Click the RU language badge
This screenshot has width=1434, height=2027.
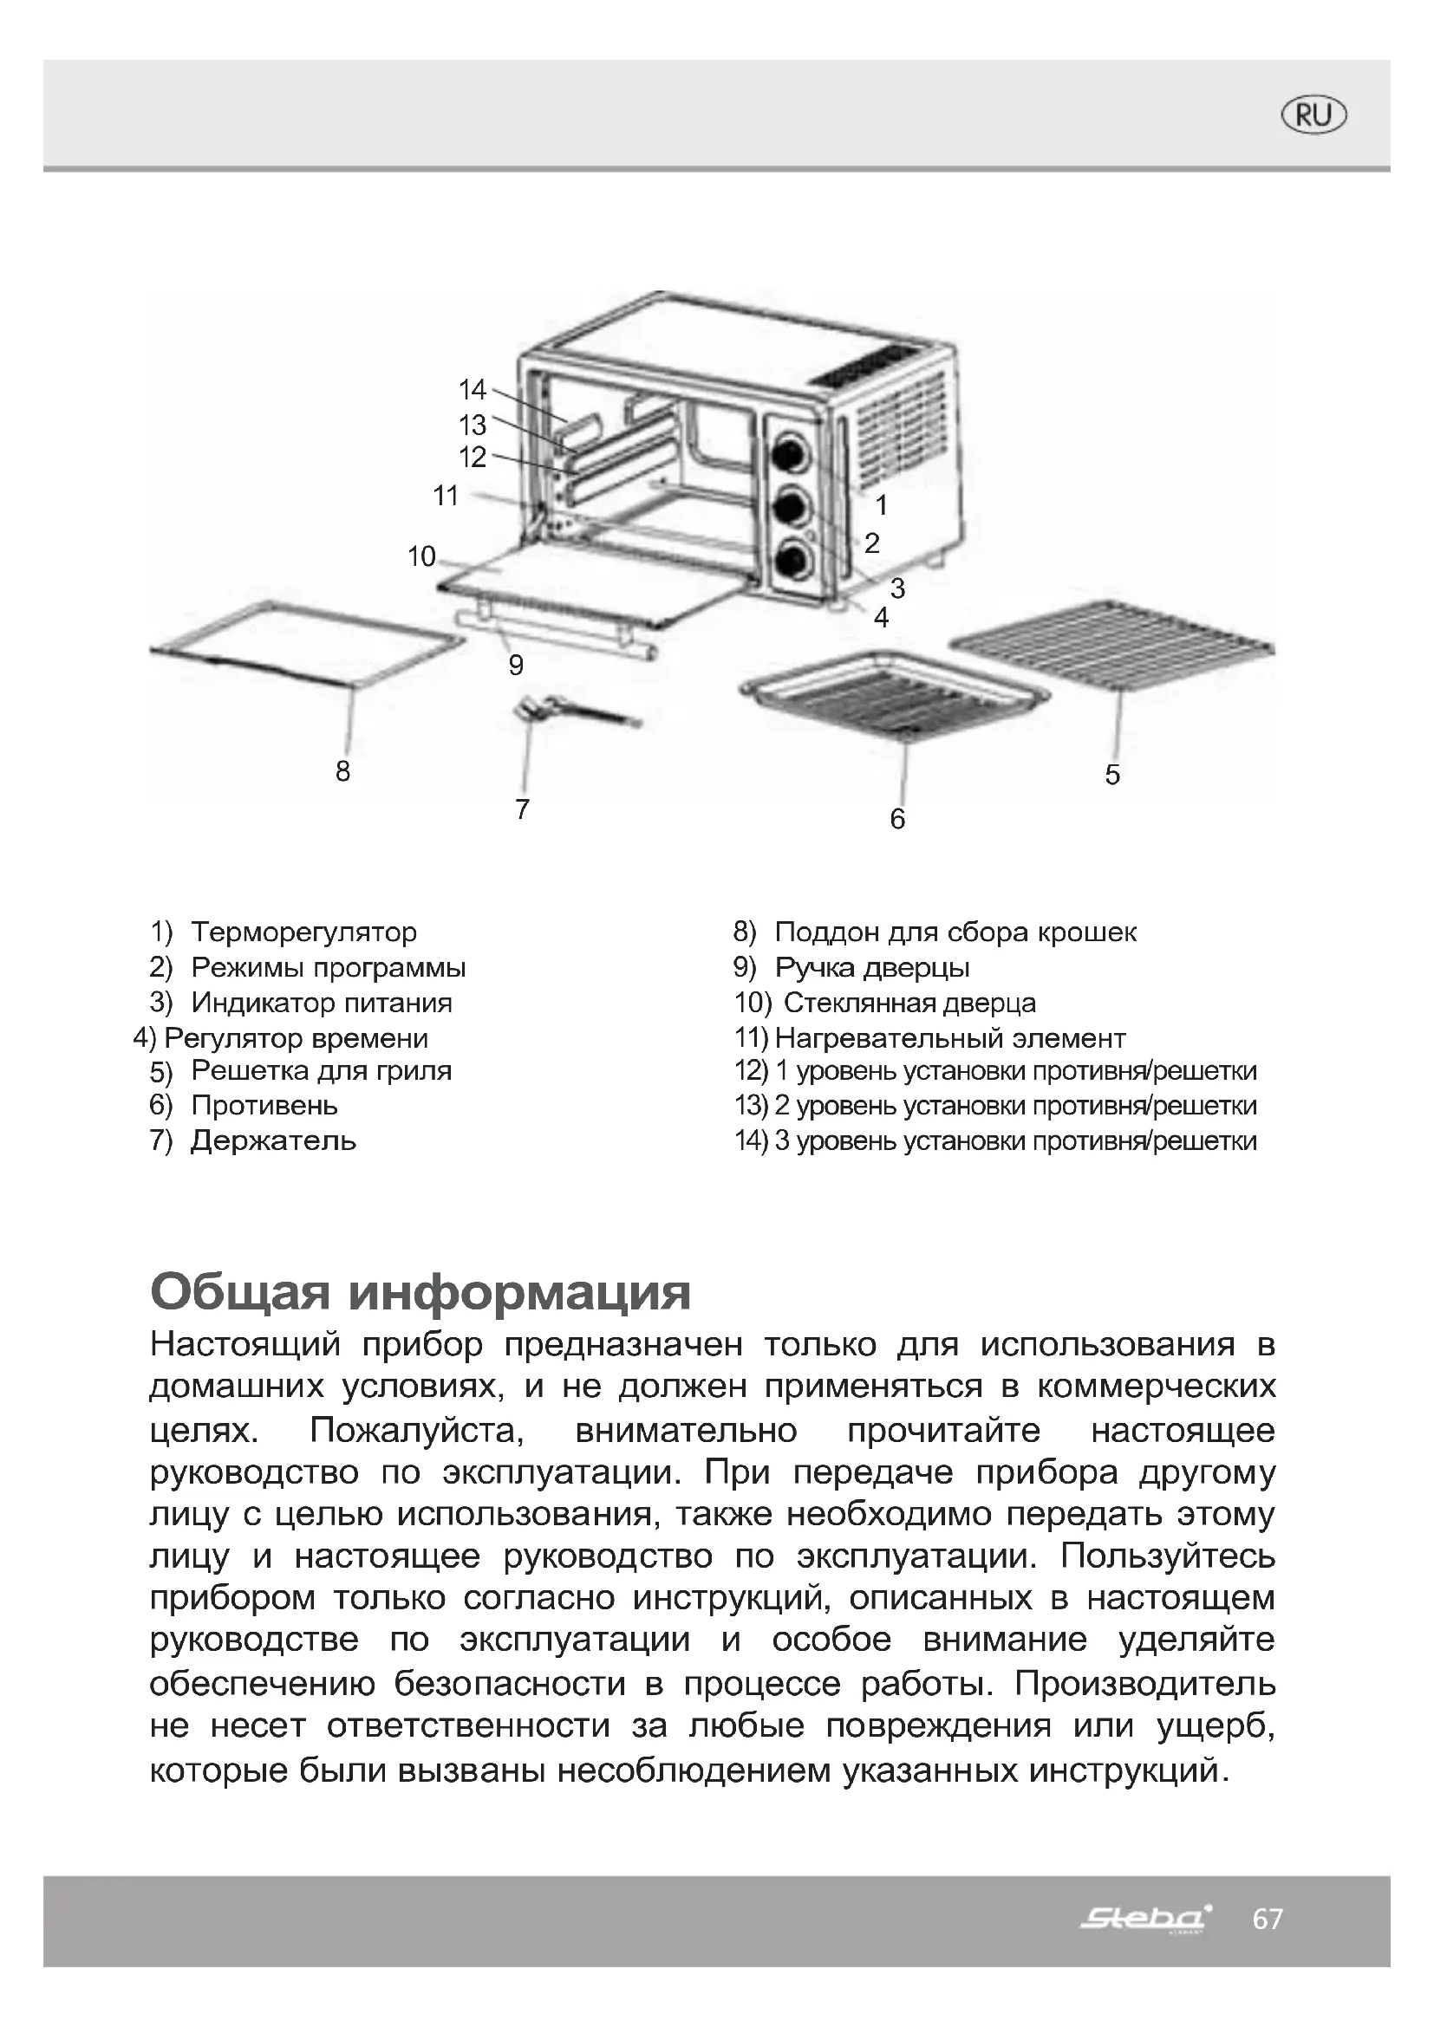1313,115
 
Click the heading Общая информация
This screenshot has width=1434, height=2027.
420,1293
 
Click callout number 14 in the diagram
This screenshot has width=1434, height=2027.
473,389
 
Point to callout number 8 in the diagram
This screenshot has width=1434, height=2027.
343,771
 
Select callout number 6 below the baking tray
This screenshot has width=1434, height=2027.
897,819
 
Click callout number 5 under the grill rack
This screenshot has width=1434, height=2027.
1112,775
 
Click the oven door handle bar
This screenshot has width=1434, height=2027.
557,633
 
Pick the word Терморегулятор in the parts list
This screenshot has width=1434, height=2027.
303,932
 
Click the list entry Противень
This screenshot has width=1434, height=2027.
264,1105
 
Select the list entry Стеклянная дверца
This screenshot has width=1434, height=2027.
909,1003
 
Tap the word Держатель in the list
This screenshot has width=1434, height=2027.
274,1140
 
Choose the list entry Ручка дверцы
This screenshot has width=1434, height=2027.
871,968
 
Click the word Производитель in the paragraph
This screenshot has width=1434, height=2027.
1144,1685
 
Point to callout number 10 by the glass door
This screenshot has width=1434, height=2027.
422,556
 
